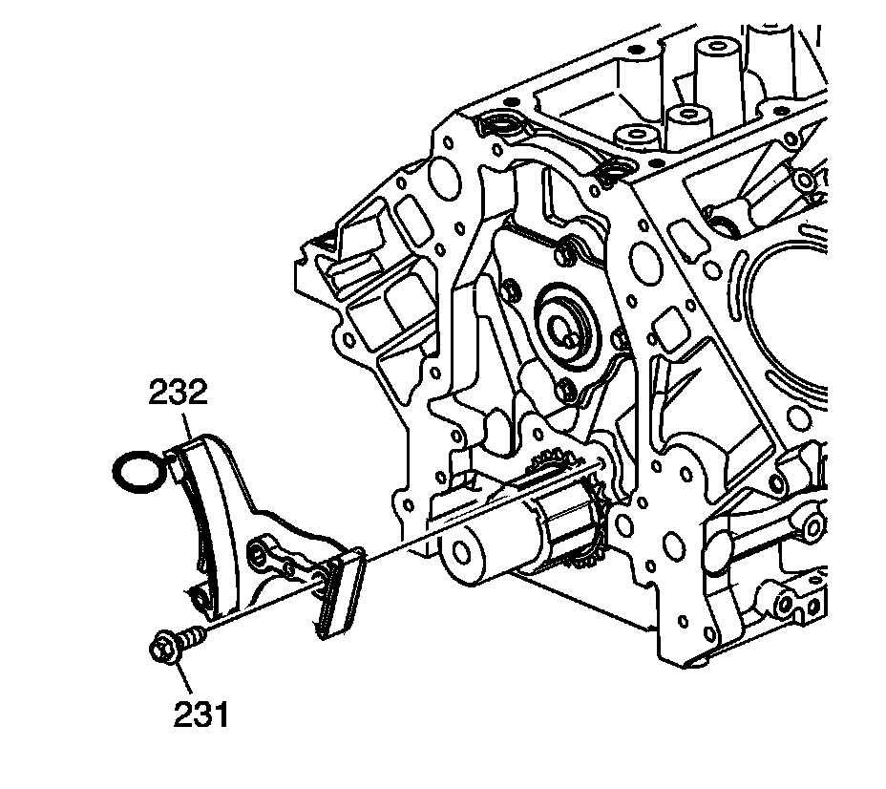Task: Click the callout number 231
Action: [x=201, y=713]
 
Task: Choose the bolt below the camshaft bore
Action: [x=567, y=386]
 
